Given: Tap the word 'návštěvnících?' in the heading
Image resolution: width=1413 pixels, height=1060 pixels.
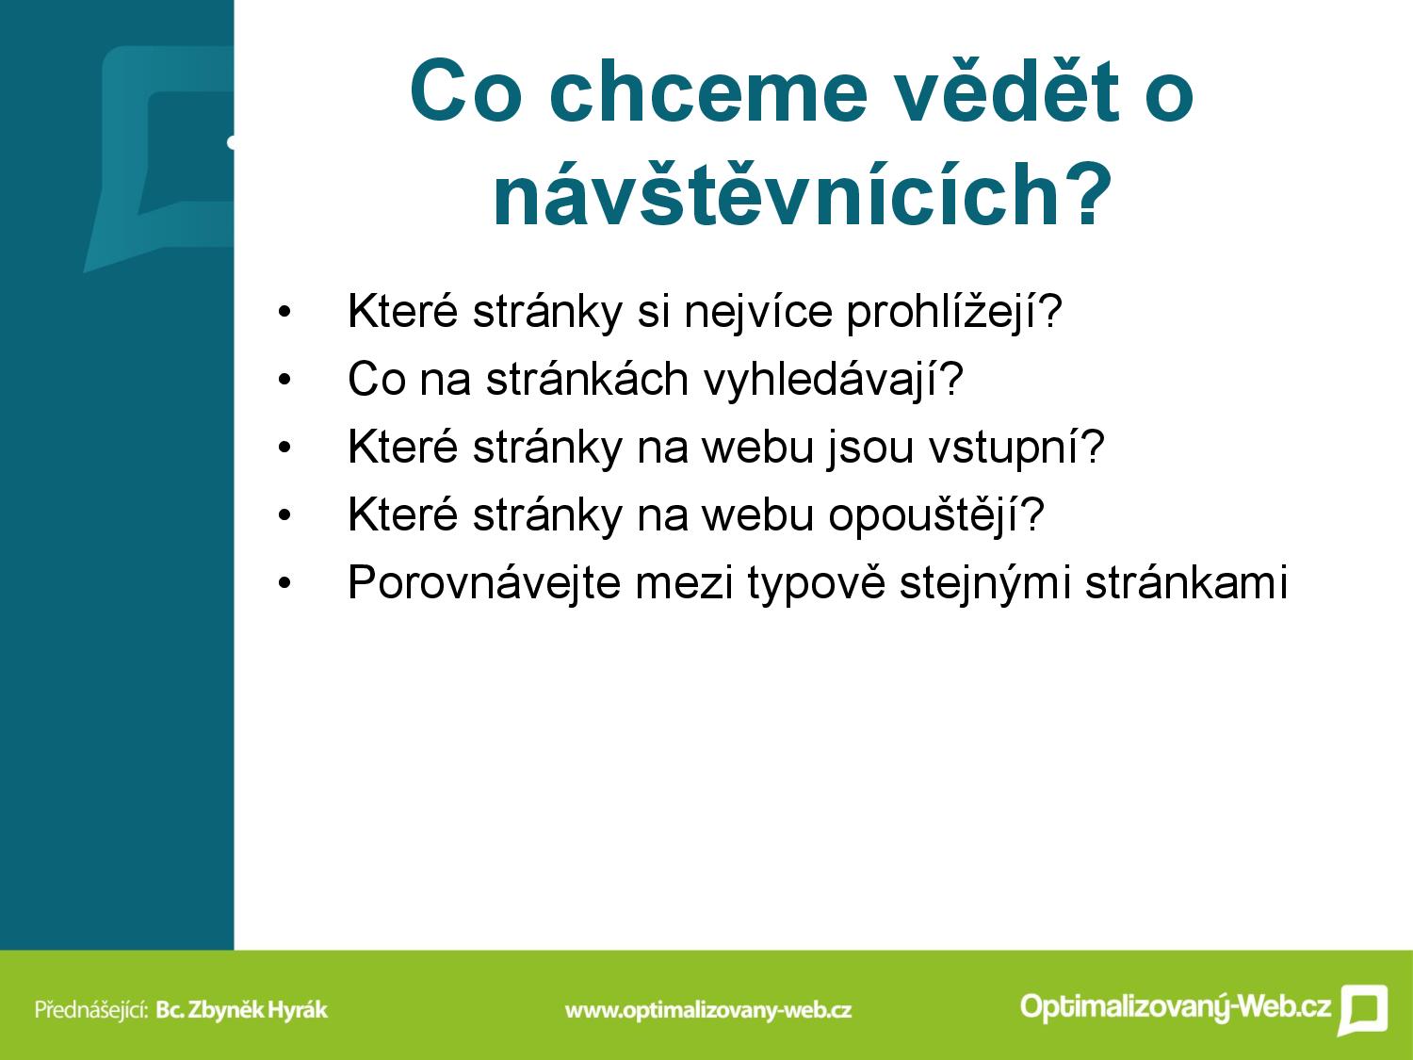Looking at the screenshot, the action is pyautogui.click(x=803, y=194).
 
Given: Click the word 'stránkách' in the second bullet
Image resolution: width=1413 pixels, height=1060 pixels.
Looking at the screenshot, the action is pyautogui.click(x=587, y=379).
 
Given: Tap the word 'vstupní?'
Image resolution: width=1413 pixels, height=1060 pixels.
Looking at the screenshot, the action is pyautogui.click(x=1016, y=448).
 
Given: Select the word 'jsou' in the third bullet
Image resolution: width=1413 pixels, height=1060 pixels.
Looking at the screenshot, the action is pyautogui.click(x=870, y=448).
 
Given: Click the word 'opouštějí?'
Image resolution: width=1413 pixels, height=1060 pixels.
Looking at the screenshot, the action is pyautogui.click(x=936, y=515).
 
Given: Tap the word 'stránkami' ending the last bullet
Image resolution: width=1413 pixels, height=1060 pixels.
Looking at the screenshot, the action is pyautogui.click(x=1186, y=581).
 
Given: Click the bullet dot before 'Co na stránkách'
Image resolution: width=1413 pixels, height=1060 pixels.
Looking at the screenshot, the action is pyautogui.click(x=284, y=381).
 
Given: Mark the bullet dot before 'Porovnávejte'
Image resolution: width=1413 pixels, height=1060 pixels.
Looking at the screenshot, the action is pyautogui.click(x=284, y=583).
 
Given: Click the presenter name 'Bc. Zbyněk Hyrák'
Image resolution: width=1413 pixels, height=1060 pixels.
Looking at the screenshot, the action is pyautogui.click(x=242, y=1009).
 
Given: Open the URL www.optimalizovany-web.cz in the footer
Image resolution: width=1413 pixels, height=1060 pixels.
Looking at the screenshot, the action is pyautogui.click(x=708, y=1010).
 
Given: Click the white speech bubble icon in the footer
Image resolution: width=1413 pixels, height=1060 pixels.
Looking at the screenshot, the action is pyautogui.click(x=1363, y=1009).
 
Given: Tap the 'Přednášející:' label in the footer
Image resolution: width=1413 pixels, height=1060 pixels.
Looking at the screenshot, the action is pyautogui.click(x=92, y=1009).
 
